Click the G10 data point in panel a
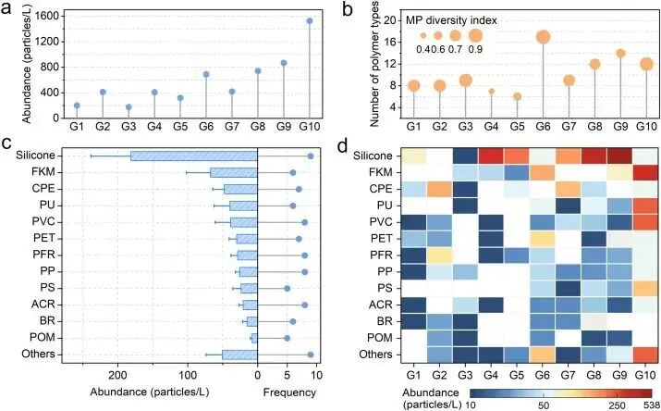click(309, 20)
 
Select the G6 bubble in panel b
click(543, 37)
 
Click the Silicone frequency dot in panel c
click(311, 156)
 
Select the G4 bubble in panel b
click(491, 92)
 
